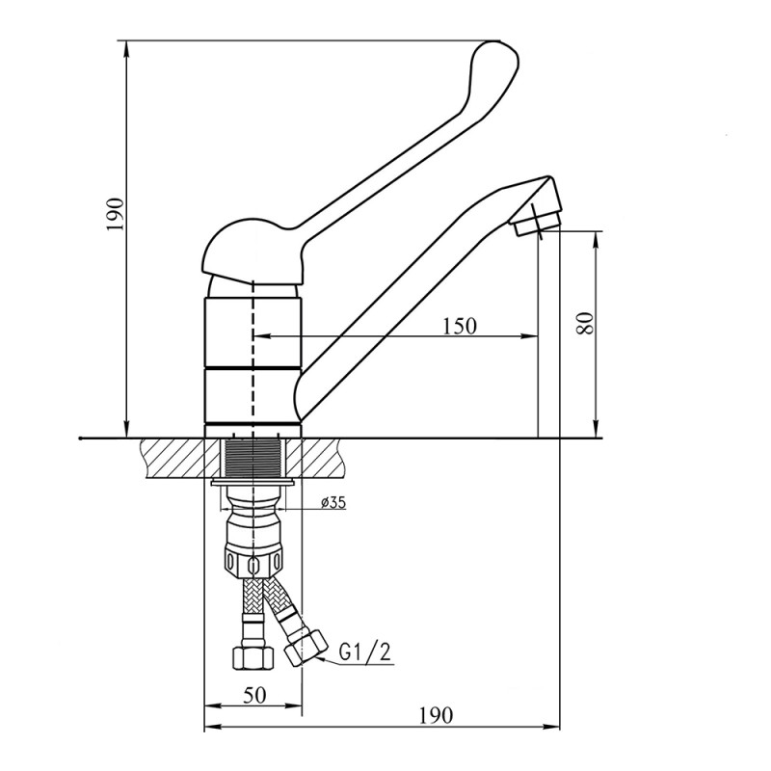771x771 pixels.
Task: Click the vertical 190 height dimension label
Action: point(115,214)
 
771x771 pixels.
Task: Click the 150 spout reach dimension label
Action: point(460,326)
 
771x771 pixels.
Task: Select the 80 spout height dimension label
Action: point(585,323)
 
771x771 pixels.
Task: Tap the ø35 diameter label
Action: point(332,502)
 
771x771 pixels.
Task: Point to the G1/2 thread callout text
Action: point(365,652)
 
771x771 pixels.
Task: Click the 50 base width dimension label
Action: point(254,695)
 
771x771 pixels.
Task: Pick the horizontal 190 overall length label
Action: point(436,715)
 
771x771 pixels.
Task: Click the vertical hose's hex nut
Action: point(253,657)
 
